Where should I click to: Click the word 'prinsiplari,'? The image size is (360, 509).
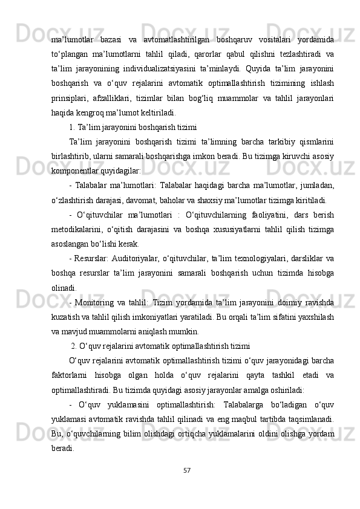[x=69, y=97]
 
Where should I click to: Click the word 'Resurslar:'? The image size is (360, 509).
[x=92, y=258]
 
